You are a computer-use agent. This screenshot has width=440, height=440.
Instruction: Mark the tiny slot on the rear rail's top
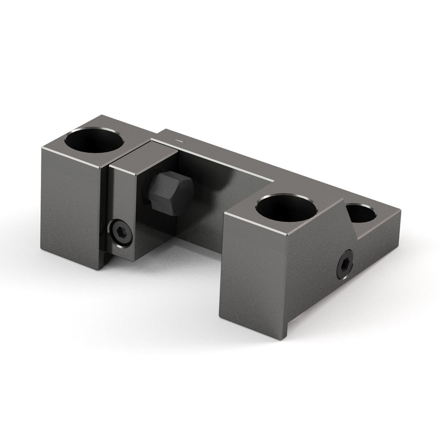[178, 140]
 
